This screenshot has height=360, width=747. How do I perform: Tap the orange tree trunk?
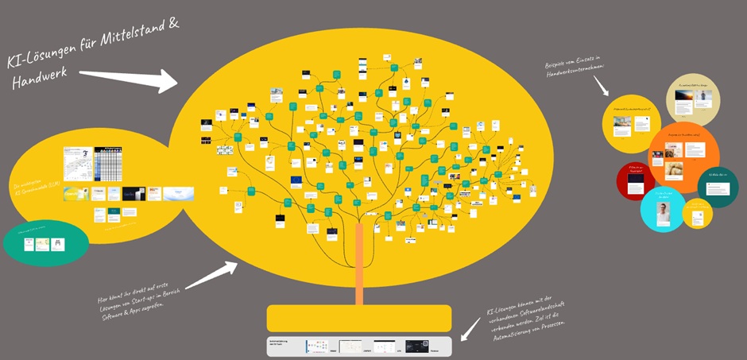(x=359, y=263)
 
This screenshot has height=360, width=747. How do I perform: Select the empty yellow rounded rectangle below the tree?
(x=359, y=318)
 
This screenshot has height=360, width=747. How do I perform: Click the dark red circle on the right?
(x=635, y=181)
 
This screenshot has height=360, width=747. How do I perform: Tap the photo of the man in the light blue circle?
(x=664, y=212)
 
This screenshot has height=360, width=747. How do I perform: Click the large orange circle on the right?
(x=683, y=155)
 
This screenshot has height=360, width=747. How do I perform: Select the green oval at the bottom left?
(x=45, y=243)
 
